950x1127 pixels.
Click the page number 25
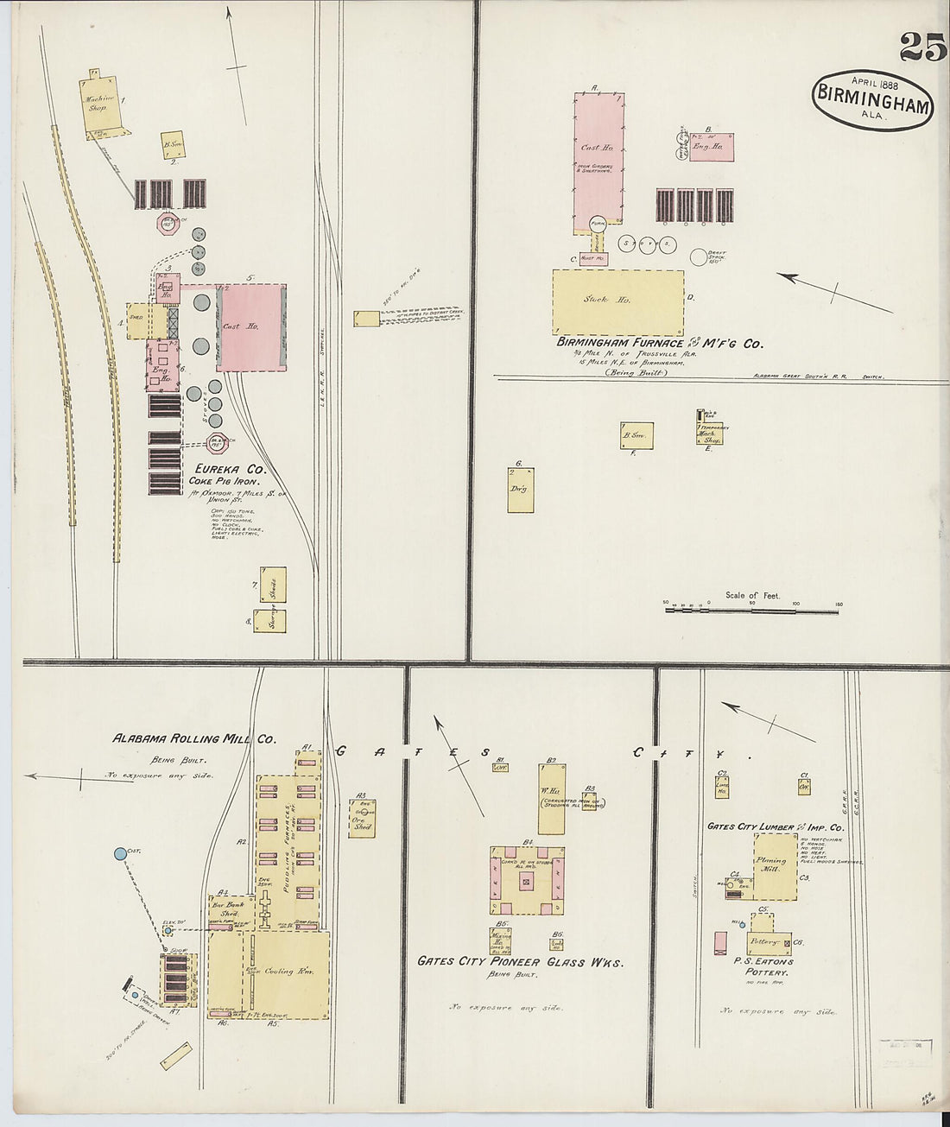point(922,47)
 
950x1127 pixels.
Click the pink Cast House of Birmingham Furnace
point(598,160)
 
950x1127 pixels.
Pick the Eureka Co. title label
point(229,470)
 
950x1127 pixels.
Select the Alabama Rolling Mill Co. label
point(194,739)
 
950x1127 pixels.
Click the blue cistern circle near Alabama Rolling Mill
point(120,854)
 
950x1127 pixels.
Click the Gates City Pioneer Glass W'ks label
point(520,962)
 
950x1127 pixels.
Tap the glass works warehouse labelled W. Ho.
point(551,797)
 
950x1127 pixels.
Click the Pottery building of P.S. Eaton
point(766,941)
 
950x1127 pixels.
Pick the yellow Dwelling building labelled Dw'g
point(520,491)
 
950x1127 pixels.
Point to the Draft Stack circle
point(700,256)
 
